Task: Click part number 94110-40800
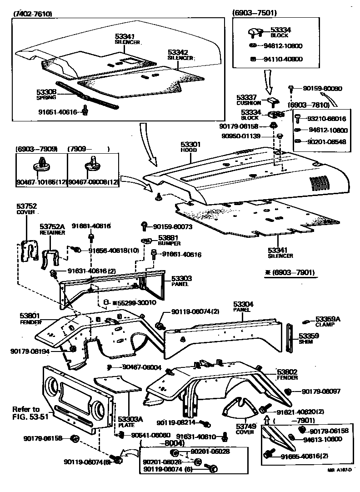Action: pyautogui.click(x=283, y=59)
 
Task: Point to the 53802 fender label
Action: pyautogui.click(x=287, y=372)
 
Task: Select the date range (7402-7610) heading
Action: pyautogui.click(x=33, y=14)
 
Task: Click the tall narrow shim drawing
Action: pyautogui.click(x=289, y=338)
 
